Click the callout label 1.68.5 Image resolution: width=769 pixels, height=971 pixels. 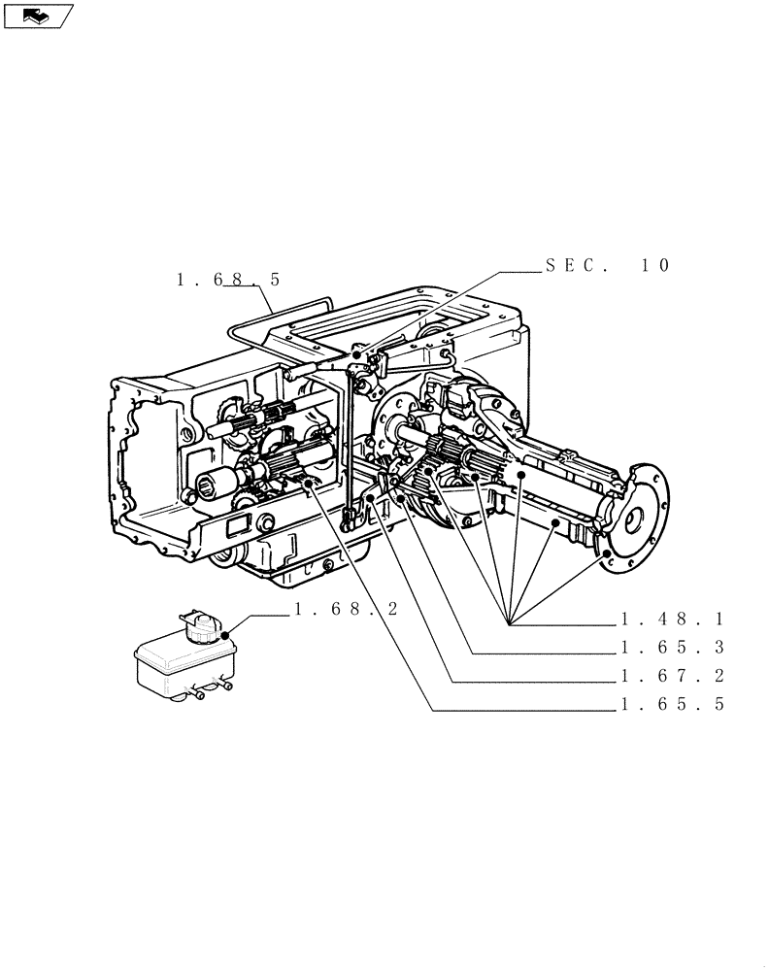[228, 280]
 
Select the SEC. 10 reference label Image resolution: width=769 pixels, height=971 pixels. [607, 265]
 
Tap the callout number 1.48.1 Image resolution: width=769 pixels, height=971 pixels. [673, 619]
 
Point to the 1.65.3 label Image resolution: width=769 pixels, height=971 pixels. [673, 648]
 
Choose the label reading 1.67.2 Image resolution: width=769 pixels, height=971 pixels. [673, 677]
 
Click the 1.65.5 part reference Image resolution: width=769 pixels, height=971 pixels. [673, 706]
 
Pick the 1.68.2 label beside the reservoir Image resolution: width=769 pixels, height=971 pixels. [346, 610]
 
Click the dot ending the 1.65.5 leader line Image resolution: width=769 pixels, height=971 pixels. [309, 481]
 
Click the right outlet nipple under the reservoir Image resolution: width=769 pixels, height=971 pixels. [225, 687]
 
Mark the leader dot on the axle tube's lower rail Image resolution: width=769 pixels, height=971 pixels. [554, 524]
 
